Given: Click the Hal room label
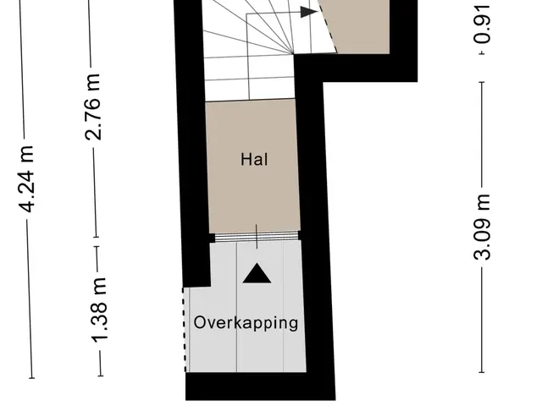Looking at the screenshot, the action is tap(254, 160).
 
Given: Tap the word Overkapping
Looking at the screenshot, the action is tap(246, 323).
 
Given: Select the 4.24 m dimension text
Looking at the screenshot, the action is tap(26, 179).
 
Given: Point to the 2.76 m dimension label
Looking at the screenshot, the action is tap(93, 107).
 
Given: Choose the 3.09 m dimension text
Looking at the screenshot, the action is tap(482, 227).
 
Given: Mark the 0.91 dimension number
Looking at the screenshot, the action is tap(482, 25).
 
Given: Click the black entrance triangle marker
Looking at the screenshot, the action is tap(257, 273).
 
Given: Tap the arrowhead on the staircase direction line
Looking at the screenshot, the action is tap(308, 12).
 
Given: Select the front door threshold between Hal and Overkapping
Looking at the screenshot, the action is tap(257, 237).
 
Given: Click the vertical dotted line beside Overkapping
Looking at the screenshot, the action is tap(185, 330).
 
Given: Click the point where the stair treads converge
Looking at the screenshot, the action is tap(293, 54).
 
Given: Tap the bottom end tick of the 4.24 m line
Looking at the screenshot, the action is tap(31, 378).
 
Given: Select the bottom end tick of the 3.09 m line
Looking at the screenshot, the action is tap(482, 372).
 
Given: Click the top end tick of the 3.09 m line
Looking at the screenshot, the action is tap(482, 82).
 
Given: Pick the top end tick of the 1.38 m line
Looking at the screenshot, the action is tap(97, 246).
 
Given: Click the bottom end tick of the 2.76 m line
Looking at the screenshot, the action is tap(96, 237).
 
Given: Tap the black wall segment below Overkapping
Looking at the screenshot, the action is tap(260, 387).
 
